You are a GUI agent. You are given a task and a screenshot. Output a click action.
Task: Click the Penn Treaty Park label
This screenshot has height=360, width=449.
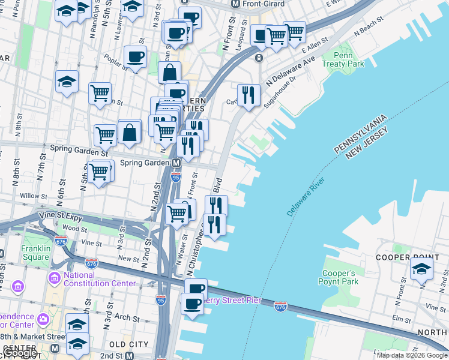tap(343, 59)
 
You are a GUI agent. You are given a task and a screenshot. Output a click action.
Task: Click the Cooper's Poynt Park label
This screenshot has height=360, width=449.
tap(340, 277)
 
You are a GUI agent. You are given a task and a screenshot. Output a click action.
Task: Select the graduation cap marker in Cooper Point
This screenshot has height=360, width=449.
tap(422, 269)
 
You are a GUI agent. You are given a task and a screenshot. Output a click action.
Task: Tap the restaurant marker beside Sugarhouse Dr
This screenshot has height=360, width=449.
tap(249, 94)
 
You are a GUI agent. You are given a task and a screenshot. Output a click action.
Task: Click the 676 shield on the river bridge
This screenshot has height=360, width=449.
tap(280, 307)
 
